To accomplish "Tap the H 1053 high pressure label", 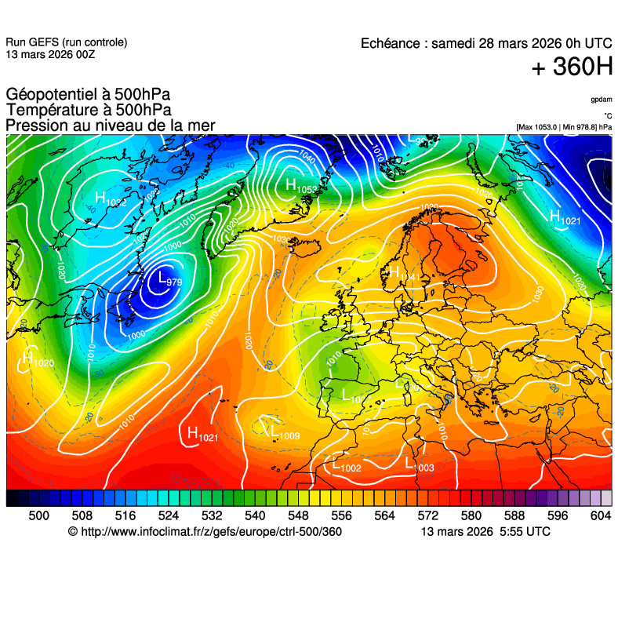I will [x=300, y=187].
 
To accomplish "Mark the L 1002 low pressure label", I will [x=346, y=464].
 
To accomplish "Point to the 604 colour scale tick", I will [x=601, y=515].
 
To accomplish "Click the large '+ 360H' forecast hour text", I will [x=572, y=68].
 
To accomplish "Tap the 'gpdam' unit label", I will [x=602, y=100].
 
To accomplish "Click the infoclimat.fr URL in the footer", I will [x=205, y=532].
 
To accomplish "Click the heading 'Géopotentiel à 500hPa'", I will [x=88, y=95].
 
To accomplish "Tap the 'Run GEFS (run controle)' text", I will [x=66, y=42].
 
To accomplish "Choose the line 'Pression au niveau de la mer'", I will [x=110, y=126].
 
